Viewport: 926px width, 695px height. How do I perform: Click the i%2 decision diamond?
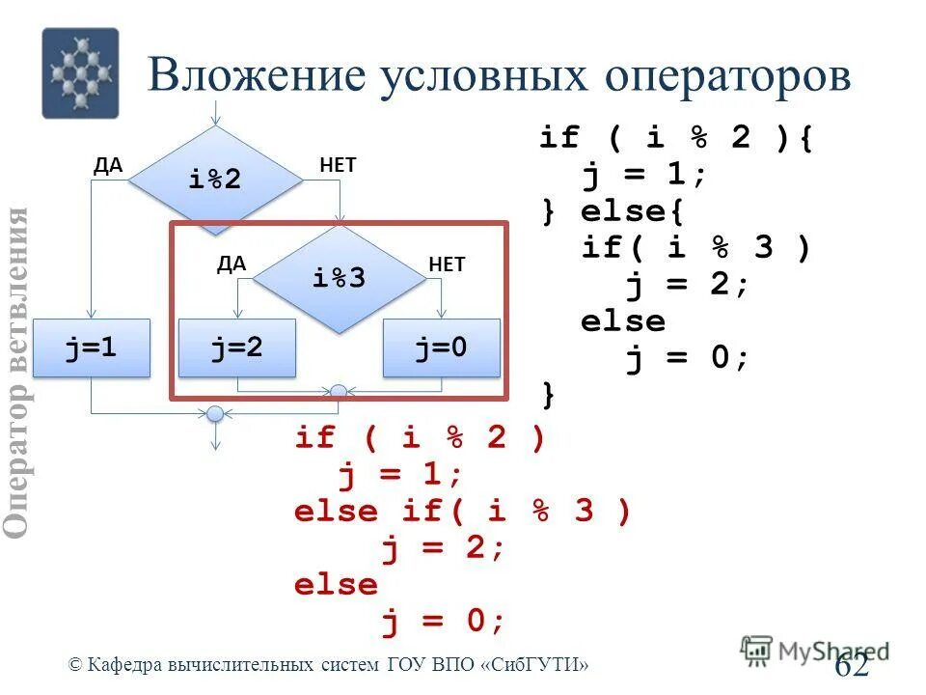(x=215, y=179)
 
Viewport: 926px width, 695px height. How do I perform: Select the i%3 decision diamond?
(x=339, y=278)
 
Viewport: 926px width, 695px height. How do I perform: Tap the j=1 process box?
(x=92, y=347)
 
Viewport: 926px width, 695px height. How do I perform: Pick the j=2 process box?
(x=237, y=347)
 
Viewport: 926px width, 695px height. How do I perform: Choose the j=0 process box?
(x=441, y=347)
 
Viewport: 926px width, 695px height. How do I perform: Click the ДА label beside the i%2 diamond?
(x=108, y=165)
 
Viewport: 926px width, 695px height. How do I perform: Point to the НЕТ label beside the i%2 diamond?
(x=338, y=165)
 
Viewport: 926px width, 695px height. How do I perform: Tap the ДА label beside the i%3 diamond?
(x=231, y=264)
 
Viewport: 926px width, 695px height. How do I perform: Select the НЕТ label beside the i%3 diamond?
(x=447, y=264)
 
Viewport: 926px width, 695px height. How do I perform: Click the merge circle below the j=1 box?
(x=215, y=414)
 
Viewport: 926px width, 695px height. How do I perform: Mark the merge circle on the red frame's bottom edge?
(x=339, y=392)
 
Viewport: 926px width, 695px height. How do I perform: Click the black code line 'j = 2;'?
(x=687, y=286)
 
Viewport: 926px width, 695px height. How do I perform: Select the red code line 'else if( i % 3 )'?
(x=462, y=511)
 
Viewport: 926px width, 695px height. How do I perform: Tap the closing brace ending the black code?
(x=549, y=394)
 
